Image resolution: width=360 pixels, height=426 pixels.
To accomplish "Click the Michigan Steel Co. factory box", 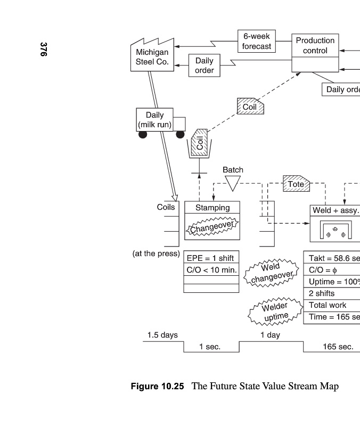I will (152, 57).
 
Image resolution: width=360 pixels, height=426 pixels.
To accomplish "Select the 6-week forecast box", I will (256, 41).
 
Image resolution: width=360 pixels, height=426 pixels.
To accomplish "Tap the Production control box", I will (315, 46).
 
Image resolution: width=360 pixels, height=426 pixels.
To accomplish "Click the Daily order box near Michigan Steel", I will (204, 65).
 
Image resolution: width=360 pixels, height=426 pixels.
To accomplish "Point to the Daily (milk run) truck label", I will (155, 120).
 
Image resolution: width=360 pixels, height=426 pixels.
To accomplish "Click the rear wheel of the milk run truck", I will (143, 135).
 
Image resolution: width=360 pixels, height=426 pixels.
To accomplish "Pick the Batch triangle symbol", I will (233, 183).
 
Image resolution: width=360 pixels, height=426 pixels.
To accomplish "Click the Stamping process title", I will (212, 208).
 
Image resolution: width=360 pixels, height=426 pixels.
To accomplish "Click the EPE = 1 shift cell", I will (211, 258).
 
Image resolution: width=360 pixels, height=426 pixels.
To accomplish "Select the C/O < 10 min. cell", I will (211, 270).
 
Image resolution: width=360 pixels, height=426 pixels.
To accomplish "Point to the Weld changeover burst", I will (271, 272).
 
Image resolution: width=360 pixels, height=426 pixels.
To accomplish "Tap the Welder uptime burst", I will (276, 311).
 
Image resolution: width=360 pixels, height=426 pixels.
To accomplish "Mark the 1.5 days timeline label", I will (162, 335).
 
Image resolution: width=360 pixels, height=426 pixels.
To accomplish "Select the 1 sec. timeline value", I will (210, 347).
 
